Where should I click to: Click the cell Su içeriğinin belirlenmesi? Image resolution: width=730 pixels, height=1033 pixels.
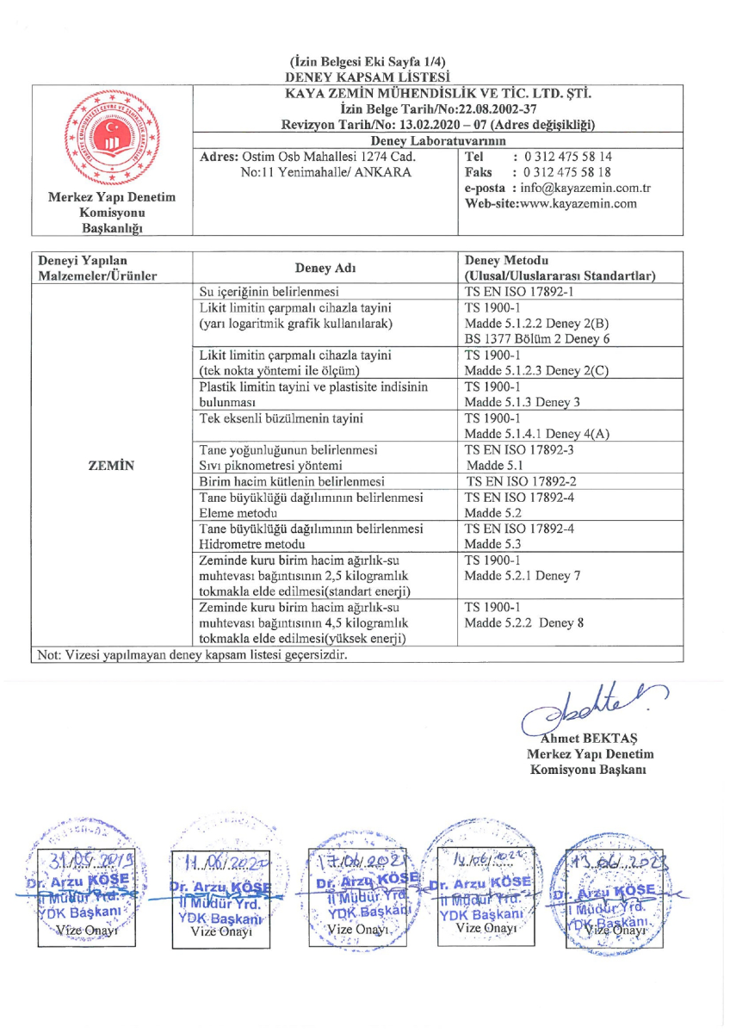coord(269,291)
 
